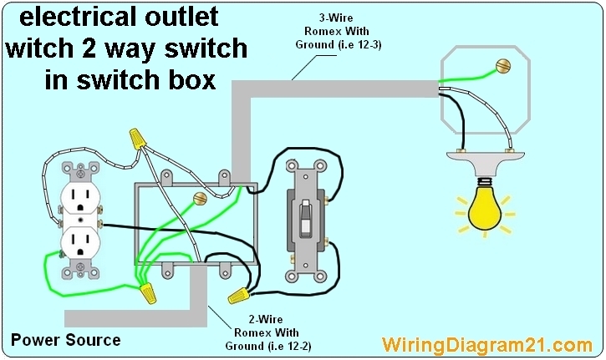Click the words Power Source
click(65, 340)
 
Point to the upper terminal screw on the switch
click(332, 200)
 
